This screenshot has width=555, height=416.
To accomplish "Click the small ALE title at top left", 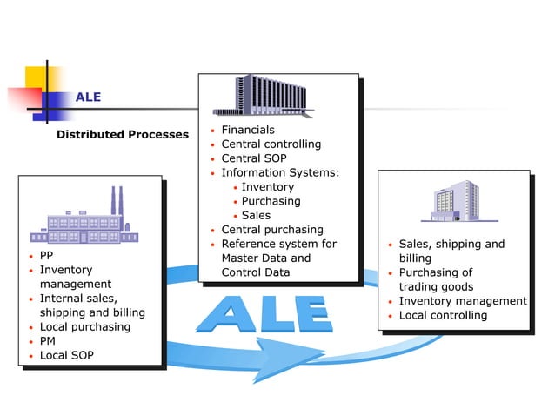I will click(88, 97).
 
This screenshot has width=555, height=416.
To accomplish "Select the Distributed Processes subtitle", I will click(122, 134).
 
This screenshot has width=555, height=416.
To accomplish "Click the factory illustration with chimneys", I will click(84, 219).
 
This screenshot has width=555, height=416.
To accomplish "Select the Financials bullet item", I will click(247, 130).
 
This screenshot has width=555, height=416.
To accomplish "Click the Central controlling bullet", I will click(271, 144).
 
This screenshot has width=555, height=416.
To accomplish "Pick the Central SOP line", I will click(253, 158).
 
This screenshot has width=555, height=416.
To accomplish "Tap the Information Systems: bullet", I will click(279, 172).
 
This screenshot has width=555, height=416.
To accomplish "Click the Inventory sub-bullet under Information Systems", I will click(267, 186).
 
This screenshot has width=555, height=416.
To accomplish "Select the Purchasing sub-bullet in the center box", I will click(271, 201).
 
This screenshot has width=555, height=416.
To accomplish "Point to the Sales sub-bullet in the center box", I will click(256, 215).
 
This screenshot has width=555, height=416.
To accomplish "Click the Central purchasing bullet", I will click(271, 230).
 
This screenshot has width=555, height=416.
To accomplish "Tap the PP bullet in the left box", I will click(47, 256).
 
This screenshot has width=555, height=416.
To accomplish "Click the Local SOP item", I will click(66, 355).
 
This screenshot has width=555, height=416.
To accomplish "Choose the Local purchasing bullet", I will click(84, 326).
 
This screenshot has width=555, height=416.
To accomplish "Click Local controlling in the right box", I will click(443, 315).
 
